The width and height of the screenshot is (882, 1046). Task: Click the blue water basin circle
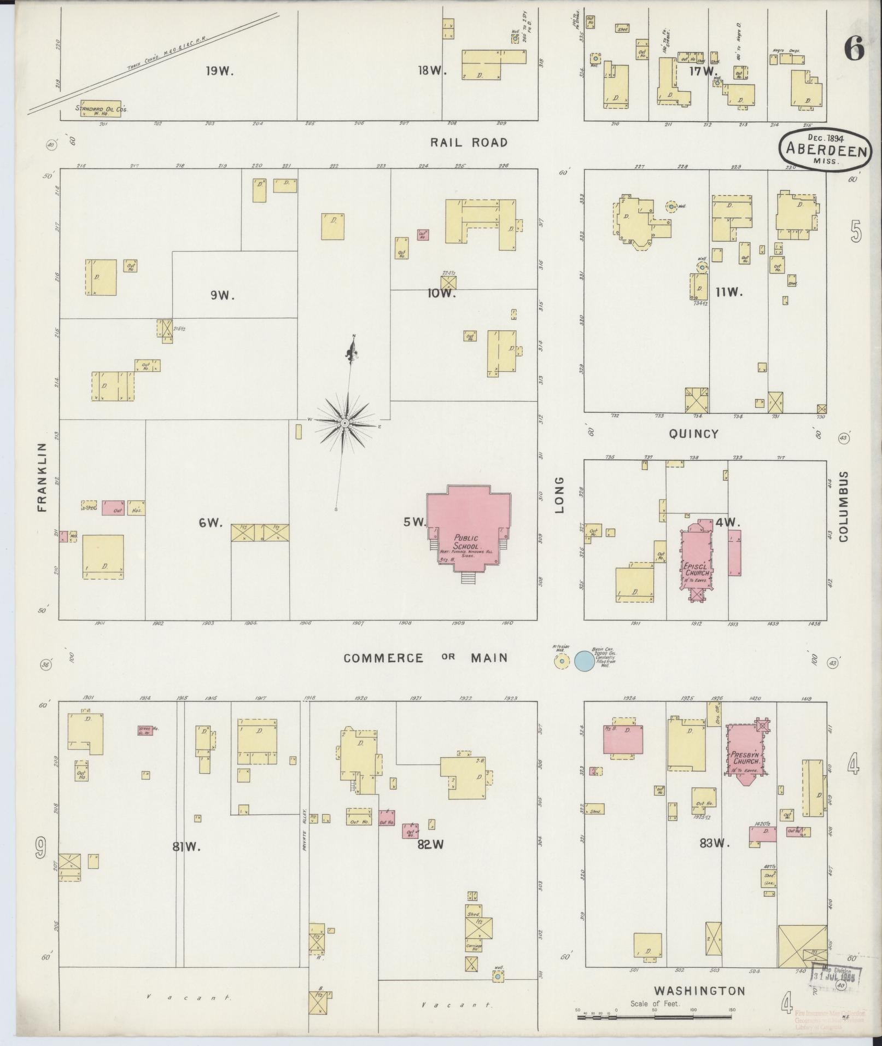(x=583, y=661)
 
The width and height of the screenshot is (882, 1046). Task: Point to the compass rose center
(x=345, y=424)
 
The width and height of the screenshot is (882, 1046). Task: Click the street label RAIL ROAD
(x=469, y=143)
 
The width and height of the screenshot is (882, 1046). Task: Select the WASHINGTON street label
(x=699, y=991)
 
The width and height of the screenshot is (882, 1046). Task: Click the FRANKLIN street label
(x=43, y=477)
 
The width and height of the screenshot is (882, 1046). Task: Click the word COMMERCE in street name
(x=383, y=658)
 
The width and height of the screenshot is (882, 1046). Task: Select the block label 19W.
(x=220, y=71)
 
